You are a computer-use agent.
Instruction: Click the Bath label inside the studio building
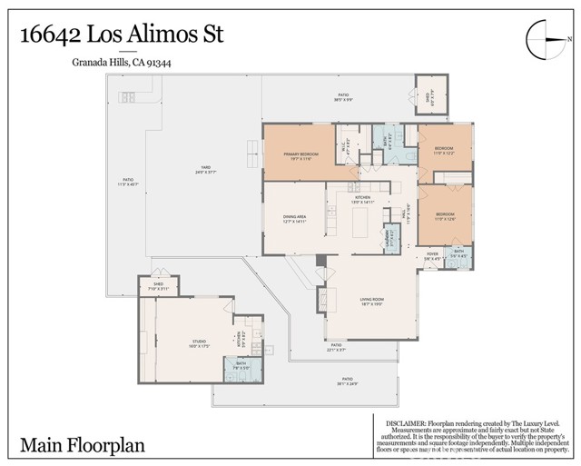click(x=241, y=366)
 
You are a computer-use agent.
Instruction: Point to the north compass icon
click(x=546, y=39)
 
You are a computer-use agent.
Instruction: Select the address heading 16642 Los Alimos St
click(x=122, y=36)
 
